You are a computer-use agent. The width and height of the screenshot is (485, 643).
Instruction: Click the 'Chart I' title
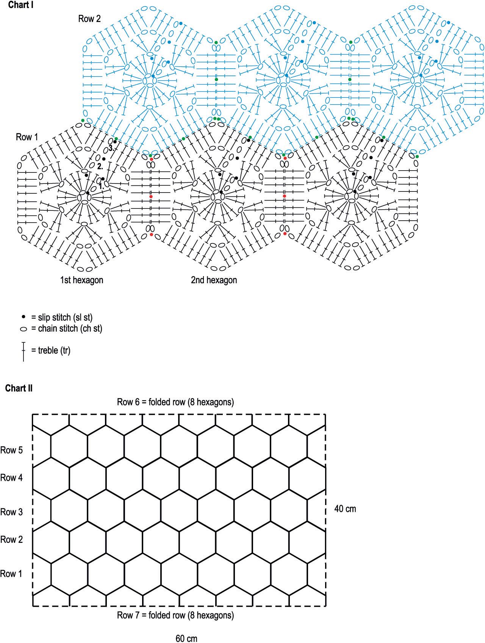[21, 5]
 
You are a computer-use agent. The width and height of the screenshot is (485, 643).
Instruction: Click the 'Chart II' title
[19, 388]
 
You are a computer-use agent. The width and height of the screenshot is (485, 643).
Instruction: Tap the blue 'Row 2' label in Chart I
[89, 19]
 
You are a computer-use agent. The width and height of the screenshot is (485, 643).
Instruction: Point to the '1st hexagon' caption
[81, 280]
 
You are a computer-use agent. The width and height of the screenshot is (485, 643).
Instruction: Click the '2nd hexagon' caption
[214, 280]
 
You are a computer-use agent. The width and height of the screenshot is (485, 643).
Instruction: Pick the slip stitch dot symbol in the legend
[23, 317]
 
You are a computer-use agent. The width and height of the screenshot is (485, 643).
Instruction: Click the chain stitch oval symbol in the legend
[23, 329]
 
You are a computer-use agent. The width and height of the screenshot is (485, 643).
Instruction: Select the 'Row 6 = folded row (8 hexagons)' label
[175, 402]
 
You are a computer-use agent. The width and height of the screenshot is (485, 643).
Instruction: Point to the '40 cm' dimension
[345, 508]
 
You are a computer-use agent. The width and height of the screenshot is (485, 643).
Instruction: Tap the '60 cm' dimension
[186, 638]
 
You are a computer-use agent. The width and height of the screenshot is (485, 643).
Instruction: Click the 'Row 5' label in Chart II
[11, 450]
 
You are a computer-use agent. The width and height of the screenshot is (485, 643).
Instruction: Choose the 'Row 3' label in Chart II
[11, 512]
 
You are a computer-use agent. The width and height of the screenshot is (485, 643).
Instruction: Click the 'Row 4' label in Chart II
[11, 478]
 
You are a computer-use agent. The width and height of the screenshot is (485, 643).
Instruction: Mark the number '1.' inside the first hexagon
[101, 187]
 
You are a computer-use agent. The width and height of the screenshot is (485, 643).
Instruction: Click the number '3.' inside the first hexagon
[111, 149]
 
